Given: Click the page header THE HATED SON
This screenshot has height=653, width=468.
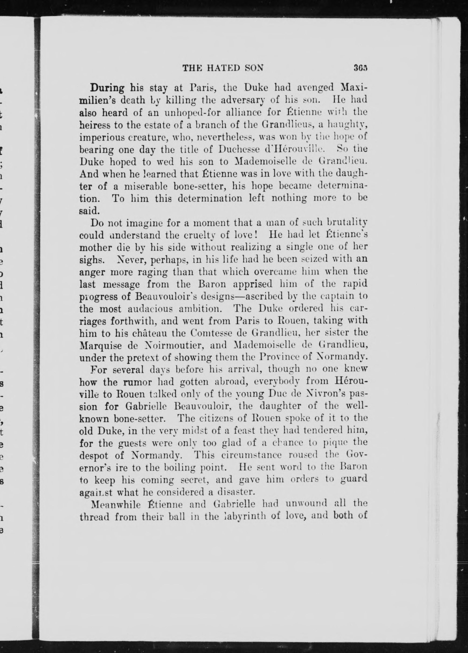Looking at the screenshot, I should click(x=223, y=68).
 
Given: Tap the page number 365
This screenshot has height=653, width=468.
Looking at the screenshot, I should click(x=361, y=68).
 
